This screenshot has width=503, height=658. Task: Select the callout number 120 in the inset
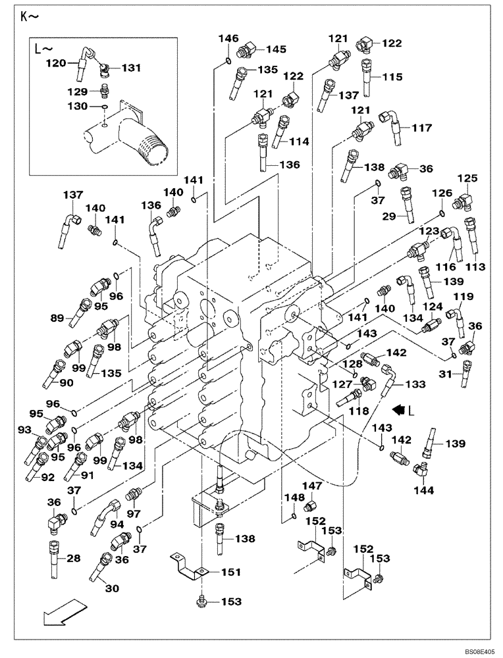[x=56, y=63]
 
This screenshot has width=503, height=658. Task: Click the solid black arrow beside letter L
[x=397, y=409]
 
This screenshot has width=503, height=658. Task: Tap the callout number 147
[x=312, y=486]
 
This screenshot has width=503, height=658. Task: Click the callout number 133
[x=414, y=384]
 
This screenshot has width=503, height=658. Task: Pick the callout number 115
[x=392, y=77]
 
